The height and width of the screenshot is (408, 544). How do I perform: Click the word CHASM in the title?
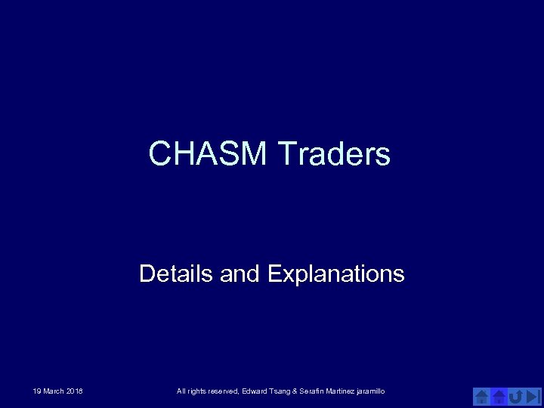(209, 153)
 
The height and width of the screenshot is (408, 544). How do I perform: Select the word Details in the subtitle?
(177, 273)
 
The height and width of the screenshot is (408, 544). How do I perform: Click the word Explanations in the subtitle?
(335, 273)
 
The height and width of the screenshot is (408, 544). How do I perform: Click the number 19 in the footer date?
(37, 391)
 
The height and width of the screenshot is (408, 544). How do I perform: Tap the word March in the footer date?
(54, 391)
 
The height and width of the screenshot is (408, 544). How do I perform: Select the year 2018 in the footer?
(74, 391)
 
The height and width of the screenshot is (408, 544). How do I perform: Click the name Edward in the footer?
(255, 391)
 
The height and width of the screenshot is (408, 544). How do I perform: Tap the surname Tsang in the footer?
(281, 391)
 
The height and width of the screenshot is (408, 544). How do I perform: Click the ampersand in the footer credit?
(295, 391)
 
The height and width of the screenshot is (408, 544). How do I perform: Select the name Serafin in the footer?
(312, 391)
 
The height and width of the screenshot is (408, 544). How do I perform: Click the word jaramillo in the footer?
(372, 391)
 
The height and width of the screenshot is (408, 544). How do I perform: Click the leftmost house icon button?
(481, 396)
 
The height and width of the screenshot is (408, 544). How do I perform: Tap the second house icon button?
(499, 396)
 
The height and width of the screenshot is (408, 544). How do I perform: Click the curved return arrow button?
(515, 396)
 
